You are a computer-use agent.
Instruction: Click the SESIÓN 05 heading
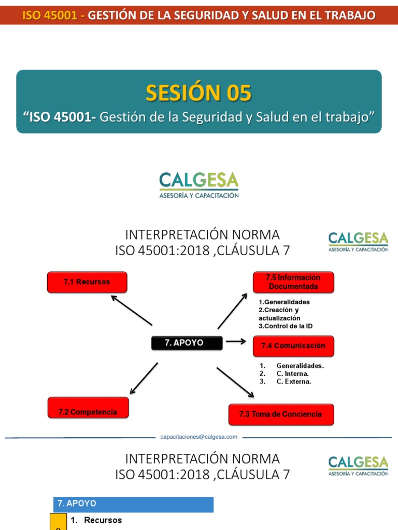pyautogui.click(x=198, y=93)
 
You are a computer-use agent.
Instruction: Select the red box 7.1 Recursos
pyautogui.click(x=87, y=282)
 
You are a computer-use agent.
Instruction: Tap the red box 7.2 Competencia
pyautogui.click(x=88, y=412)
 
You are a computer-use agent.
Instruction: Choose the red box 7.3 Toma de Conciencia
pyautogui.click(x=280, y=414)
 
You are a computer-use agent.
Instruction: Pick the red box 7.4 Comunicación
pyautogui.click(x=293, y=346)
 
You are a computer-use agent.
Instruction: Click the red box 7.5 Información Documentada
pyautogui.click(x=293, y=282)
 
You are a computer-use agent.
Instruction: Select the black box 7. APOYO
pyautogui.click(x=187, y=343)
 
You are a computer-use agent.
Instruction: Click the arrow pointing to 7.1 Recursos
pyautogui.click(x=131, y=310)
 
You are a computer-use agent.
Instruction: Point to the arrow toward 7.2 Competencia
pyautogui.click(x=144, y=378)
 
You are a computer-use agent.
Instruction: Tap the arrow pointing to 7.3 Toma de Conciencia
pyautogui.click(x=235, y=382)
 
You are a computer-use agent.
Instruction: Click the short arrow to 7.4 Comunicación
pyautogui.click(x=236, y=342)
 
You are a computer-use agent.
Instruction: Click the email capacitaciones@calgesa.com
pyautogui.click(x=199, y=437)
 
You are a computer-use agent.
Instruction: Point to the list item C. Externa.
pyautogui.click(x=293, y=381)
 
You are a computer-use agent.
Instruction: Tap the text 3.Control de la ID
pyautogui.click(x=286, y=326)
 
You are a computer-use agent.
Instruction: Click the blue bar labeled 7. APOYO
pyautogui.click(x=133, y=504)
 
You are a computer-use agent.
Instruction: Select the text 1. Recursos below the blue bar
pyautogui.click(x=103, y=520)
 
